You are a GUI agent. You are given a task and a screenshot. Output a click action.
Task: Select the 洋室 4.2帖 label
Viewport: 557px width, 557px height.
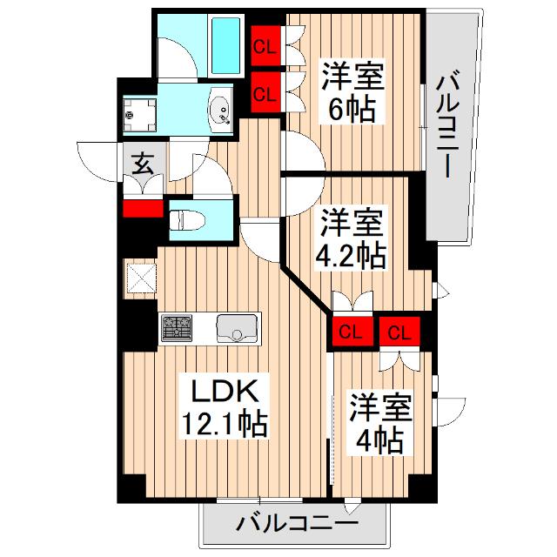(352, 237)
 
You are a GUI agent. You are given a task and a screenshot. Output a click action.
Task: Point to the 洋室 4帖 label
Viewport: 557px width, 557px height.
(377, 423)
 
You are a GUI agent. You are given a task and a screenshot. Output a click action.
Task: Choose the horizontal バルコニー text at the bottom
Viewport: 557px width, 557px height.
(297, 525)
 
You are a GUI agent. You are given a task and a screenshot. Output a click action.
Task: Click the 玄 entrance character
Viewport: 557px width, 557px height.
(142, 163)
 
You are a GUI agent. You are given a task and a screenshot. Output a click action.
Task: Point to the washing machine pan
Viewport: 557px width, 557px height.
(139, 111)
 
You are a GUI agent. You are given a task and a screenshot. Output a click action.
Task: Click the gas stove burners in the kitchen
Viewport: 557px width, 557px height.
(178, 328)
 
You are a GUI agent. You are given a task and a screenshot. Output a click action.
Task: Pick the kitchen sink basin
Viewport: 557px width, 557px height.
(235, 329)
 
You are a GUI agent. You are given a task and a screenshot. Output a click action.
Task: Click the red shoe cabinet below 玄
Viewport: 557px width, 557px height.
(143, 209)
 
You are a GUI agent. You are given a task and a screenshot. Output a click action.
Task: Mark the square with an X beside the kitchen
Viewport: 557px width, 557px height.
(140, 278)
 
